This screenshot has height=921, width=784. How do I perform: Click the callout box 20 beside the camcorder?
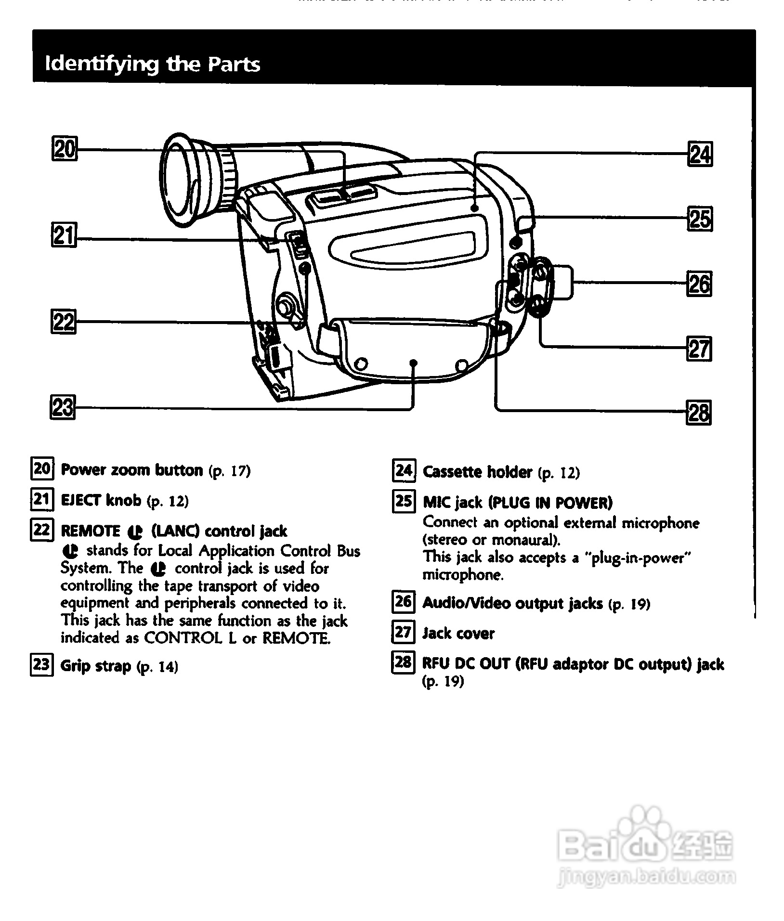click(64, 149)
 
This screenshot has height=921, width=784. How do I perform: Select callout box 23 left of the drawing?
click(63, 407)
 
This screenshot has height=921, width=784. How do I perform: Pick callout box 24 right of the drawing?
click(699, 155)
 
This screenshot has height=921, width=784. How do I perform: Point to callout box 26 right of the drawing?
click(699, 284)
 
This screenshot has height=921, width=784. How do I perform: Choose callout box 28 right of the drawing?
click(699, 413)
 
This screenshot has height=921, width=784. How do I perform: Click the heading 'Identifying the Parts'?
click(152, 64)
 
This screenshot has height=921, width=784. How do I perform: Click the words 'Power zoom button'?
click(132, 470)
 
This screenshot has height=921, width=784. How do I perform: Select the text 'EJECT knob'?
click(101, 501)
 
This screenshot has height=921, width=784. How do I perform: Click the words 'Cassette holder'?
click(477, 472)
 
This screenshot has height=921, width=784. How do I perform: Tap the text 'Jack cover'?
click(458, 633)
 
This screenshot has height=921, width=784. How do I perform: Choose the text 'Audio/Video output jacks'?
click(512, 603)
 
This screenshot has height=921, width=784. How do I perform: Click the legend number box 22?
click(41, 530)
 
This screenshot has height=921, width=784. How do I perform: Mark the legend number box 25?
click(404, 502)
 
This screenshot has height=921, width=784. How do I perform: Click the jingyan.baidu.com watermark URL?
click(646, 876)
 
